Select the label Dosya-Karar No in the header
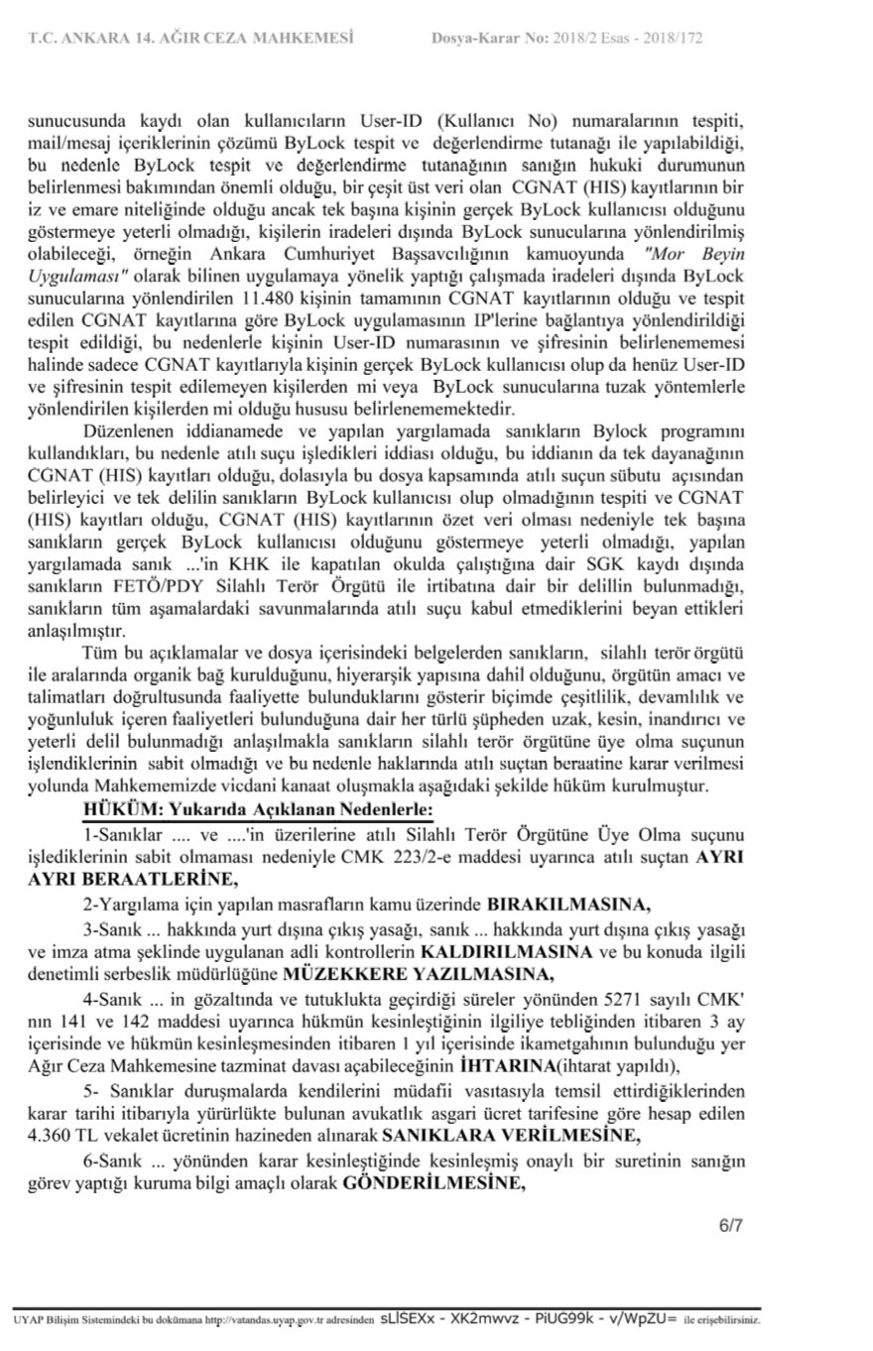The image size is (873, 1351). [x=489, y=40]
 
